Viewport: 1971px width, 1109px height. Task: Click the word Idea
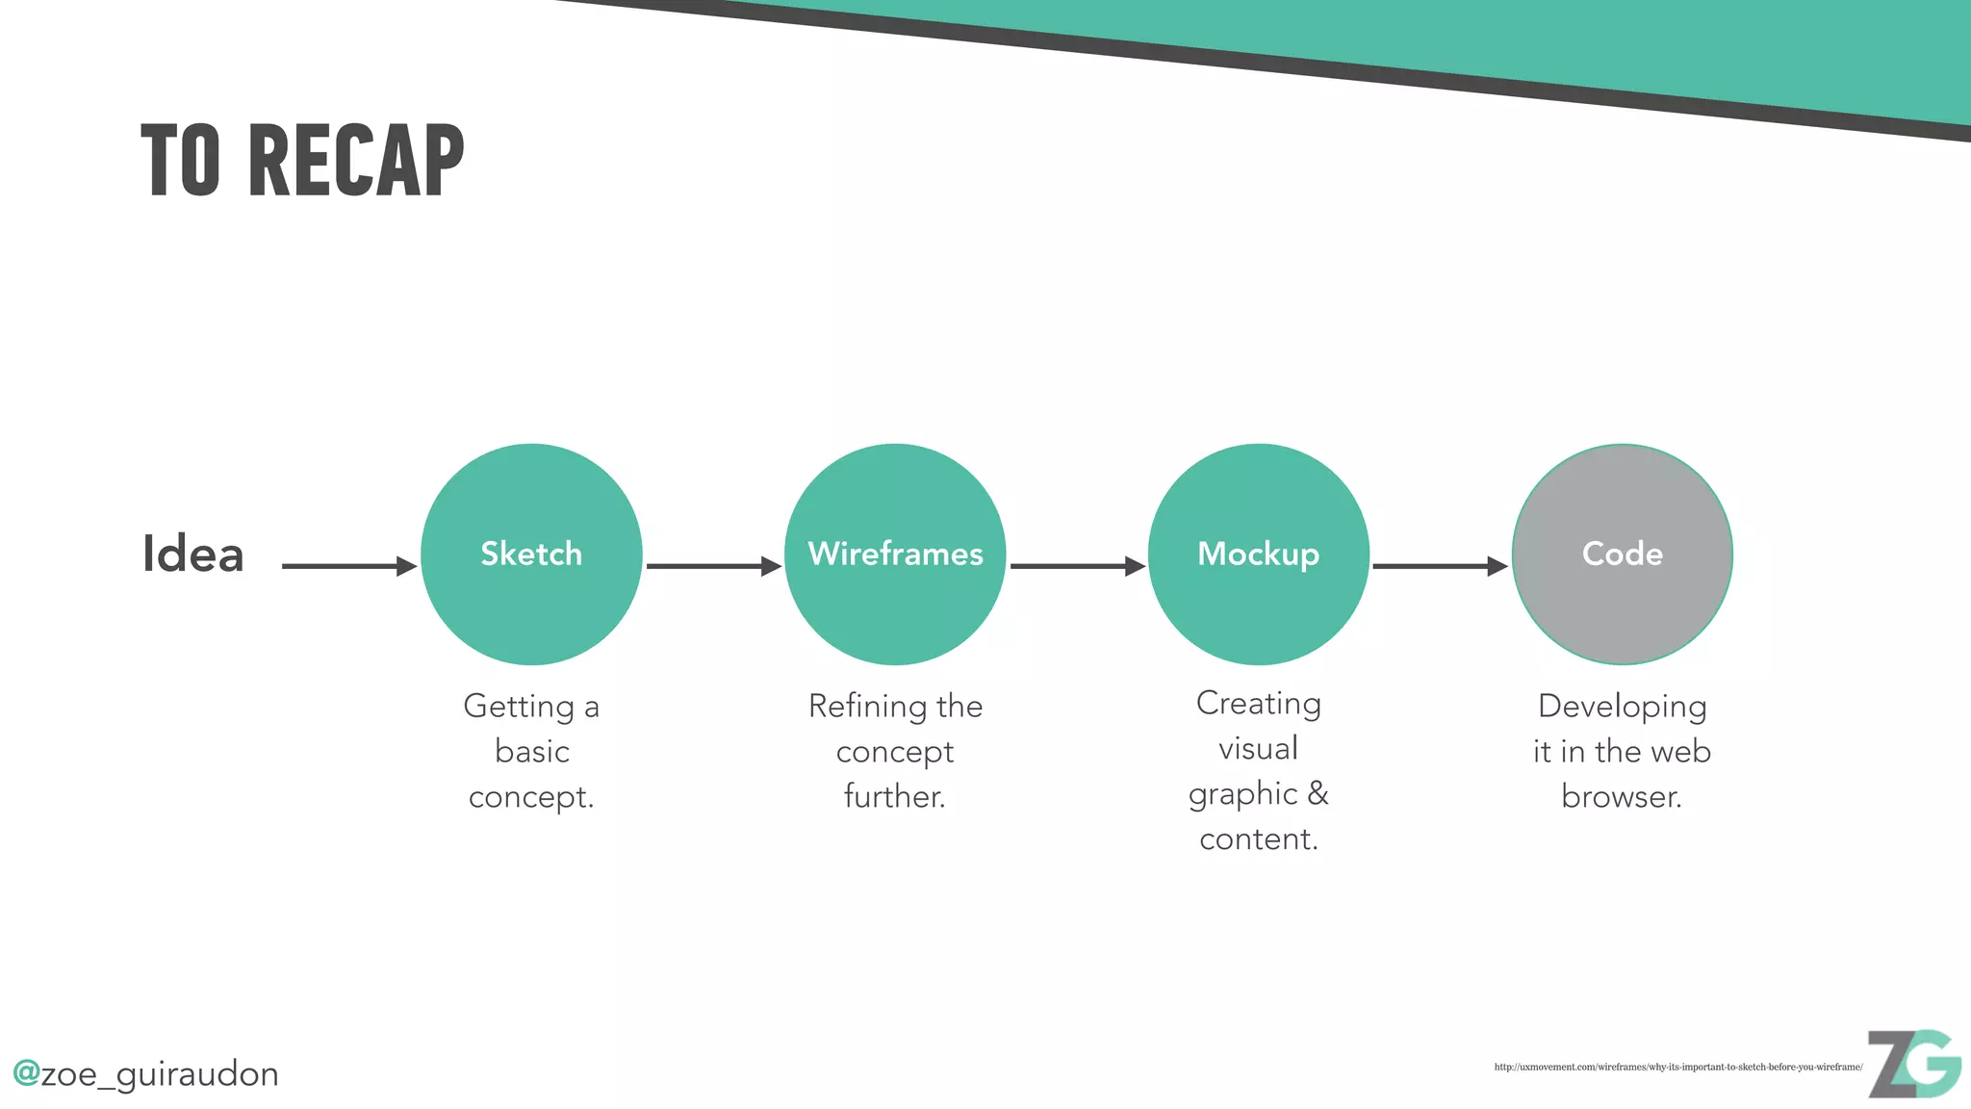[x=192, y=554]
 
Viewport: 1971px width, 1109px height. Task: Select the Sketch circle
[x=531, y=554]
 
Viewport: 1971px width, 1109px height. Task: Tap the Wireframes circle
[x=895, y=554]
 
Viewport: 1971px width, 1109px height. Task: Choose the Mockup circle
[x=1259, y=554]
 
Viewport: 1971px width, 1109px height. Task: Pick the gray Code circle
[x=1623, y=554]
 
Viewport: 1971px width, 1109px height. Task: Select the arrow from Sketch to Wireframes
[x=713, y=566]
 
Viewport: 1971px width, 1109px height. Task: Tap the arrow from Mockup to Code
[x=1440, y=566]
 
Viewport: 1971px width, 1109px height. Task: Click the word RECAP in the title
[x=356, y=161]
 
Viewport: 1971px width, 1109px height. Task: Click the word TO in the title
[x=181, y=161]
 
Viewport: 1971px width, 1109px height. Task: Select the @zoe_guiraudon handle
[x=146, y=1073]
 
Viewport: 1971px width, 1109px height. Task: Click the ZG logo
[x=1914, y=1064]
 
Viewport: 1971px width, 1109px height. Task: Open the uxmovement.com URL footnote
[x=1678, y=1067]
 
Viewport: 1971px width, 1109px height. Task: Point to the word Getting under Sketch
[x=519, y=707]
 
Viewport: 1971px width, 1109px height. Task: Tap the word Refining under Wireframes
[x=861, y=707]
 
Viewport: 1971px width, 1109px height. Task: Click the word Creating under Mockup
[x=1259, y=704]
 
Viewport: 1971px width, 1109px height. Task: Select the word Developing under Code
[x=1623, y=707]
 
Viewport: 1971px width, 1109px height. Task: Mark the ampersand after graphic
[x=1318, y=793]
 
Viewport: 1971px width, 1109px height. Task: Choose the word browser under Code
[x=1622, y=797]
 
